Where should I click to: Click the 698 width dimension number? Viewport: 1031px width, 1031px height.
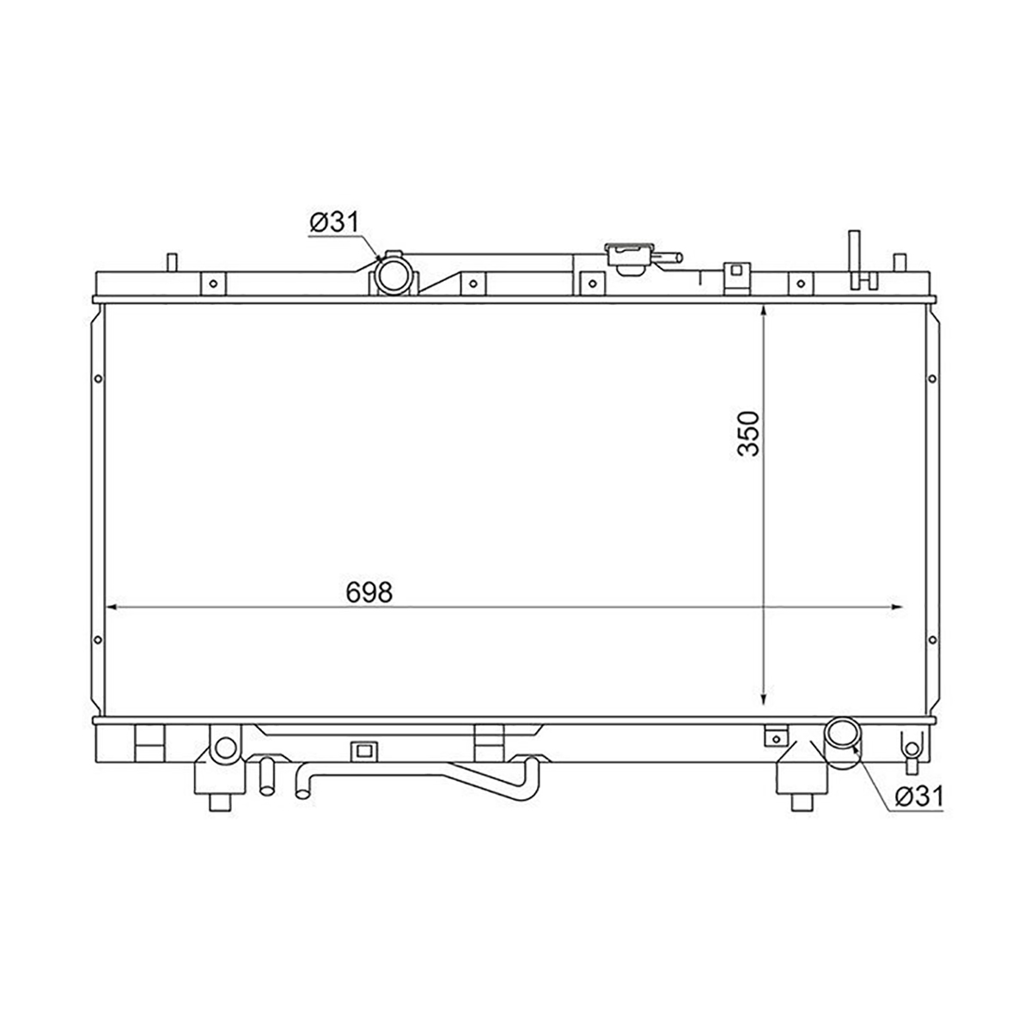click(x=369, y=592)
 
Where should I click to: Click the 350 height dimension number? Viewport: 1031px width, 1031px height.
click(x=748, y=433)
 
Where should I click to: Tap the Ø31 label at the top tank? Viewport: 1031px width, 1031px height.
click(x=335, y=222)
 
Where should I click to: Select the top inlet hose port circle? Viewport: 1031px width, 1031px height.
click(x=392, y=273)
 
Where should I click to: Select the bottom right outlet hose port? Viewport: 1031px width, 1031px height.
click(x=843, y=736)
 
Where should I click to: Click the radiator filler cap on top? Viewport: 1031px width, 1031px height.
click(x=630, y=259)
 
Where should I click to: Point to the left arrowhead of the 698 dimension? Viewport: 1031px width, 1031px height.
click(x=114, y=607)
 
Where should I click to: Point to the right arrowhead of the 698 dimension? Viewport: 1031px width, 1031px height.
click(x=895, y=607)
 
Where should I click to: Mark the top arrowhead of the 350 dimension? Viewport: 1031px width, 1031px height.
click(x=764, y=313)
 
